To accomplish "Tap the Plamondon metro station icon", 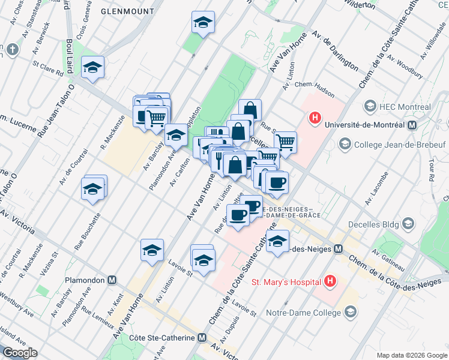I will pos(112,280).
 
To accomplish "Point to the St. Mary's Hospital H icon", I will pos(329,281).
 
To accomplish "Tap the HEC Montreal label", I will pos(405,106).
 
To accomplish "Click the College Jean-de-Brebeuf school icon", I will pos(345,143).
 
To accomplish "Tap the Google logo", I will pos(19,353).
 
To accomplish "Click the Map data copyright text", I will pos(411,355).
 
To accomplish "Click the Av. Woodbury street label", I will pos(403,67).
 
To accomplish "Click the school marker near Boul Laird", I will pos(92,68).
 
